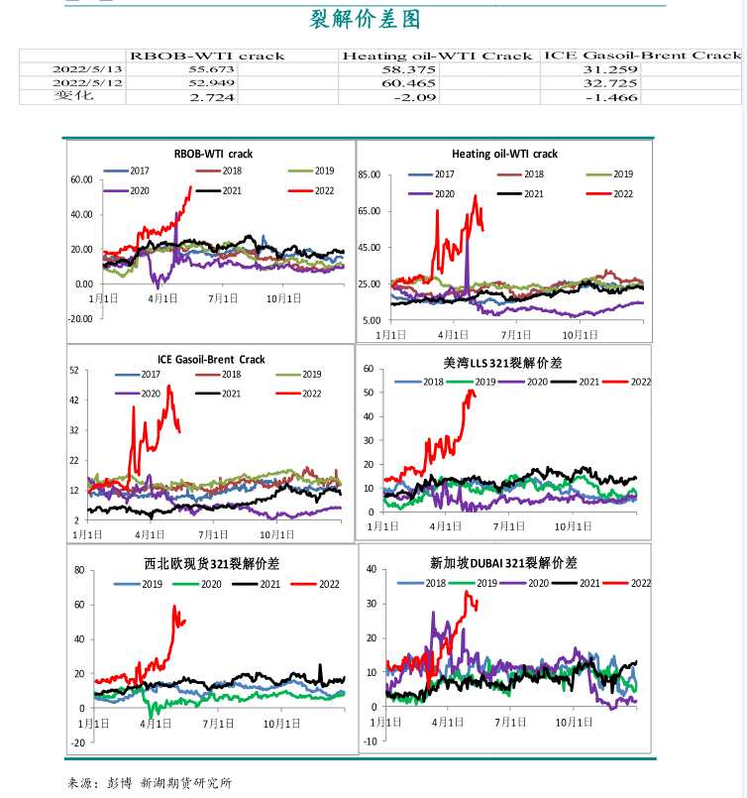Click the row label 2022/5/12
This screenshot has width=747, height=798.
pyautogui.click(x=73, y=83)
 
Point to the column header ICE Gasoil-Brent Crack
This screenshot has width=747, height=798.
pyautogui.click(x=642, y=56)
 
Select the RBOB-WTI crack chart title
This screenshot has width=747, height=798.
pyautogui.click(x=213, y=154)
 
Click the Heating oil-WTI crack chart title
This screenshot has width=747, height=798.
pyautogui.click(x=504, y=154)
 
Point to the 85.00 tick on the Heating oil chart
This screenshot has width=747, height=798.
pyautogui.click(x=370, y=174)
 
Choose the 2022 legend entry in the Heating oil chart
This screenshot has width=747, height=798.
pyautogui.click(x=612, y=193)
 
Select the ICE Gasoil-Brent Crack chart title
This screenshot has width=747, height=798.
pyautogui.click(x=211, y=359)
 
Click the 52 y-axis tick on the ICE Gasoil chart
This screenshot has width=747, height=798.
pyautogui.click(x=74, y=371)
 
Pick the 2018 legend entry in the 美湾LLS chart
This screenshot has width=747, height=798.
pyautogui.click(x=423, y=382)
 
